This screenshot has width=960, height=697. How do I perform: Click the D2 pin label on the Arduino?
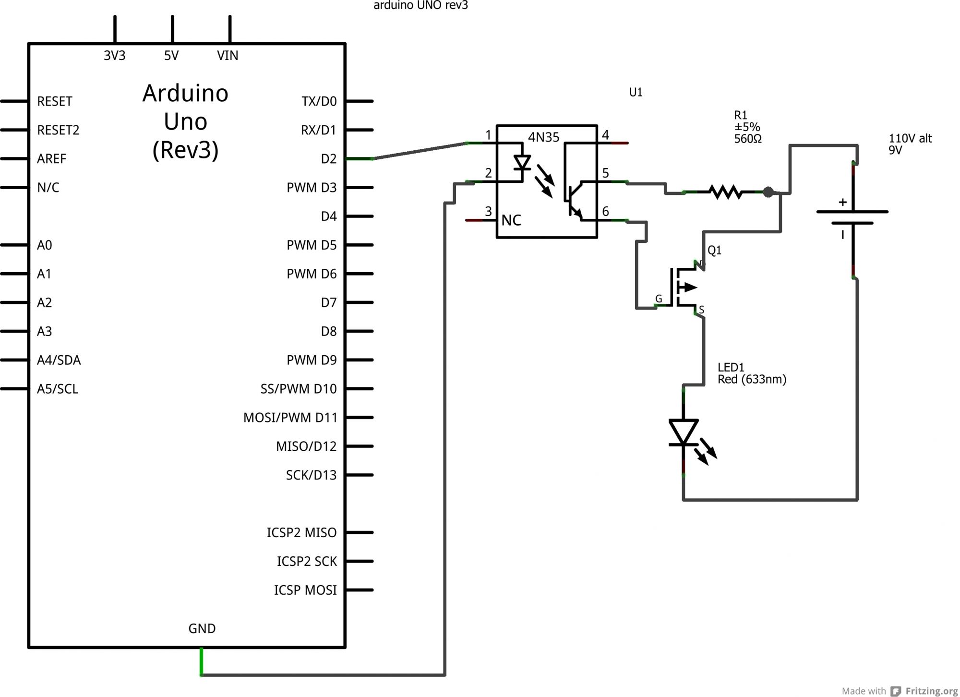tap(329, 159)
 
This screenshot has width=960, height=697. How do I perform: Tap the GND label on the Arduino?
tap(202, 628)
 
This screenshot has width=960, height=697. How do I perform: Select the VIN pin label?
tap(228, 56)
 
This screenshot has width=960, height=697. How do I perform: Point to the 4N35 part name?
tap(543, 137)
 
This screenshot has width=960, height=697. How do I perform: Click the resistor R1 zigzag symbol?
tap(726, 192)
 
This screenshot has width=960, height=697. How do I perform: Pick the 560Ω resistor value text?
tap(748, 139)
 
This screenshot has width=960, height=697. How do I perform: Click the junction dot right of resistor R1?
tap(768, 192)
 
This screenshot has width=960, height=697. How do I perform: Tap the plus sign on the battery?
tap(842, 202)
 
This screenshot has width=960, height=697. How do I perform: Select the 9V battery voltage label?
tap(895, 150)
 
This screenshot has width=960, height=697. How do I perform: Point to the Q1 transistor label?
tap(714, 250)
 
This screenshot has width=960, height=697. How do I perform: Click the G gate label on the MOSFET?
tap(659, 299)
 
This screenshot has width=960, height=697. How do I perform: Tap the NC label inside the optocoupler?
tap(511, 220)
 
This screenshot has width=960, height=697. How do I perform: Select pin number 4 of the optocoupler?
tap(605, 135)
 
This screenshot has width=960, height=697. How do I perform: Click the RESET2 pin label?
tap(58, 130)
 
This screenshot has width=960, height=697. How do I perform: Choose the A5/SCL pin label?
tap(58, 389)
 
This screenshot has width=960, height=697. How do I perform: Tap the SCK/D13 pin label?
tap(311, 475)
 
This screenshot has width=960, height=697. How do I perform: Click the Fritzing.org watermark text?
tap(931, 691)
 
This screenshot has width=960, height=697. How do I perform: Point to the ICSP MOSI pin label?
tap(305, 590)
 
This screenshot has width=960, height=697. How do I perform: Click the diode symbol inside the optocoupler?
tap(522, 163)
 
